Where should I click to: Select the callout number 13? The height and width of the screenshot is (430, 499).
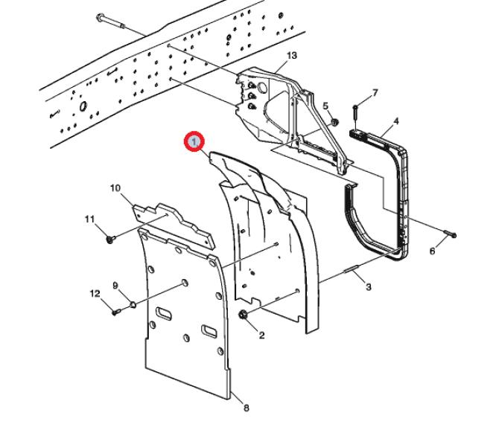(x=291, y=56)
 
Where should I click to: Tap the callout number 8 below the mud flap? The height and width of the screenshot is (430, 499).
(x=247, y=408)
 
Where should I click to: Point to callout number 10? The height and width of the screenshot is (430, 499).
(x=115, y=188)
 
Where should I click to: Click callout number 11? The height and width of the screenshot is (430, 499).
(x=90, y=219)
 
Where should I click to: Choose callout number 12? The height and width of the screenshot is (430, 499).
(x=95, y=294)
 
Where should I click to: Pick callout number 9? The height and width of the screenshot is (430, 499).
(x=115, y=286)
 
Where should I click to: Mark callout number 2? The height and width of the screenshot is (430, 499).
(x=261, y=336)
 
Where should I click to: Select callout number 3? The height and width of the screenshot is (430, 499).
(x=368, y=286)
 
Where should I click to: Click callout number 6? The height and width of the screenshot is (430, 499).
(x=432, y=251)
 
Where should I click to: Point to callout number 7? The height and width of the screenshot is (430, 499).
(x=375, y=93)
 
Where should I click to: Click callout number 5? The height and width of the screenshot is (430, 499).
(x=325, y=106)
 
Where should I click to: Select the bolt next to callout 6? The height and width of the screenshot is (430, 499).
(x=449, y=234)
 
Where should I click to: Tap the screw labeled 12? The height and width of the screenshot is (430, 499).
(x=116, y=312)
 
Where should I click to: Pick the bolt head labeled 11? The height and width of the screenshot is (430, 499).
(x=110, y=239)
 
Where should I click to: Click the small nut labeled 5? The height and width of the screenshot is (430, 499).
(x=333, y=121)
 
